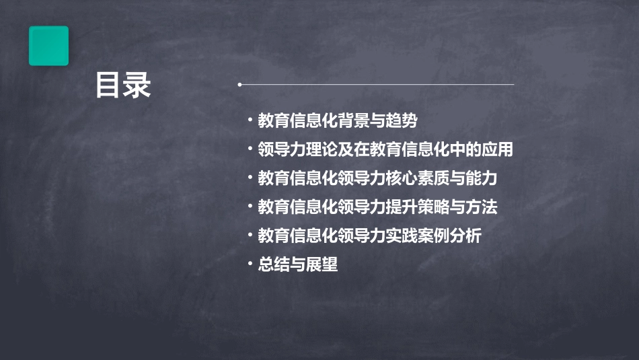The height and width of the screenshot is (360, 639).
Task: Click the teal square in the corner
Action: coord(48,46)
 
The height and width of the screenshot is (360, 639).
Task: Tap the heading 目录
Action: coord(123,85)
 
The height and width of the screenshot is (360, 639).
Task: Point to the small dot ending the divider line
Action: coord(239,85)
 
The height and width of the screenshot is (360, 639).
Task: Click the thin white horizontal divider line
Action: coord(377,85)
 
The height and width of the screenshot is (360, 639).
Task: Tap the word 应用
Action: coord(497,149)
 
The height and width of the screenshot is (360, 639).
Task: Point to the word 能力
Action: coord(482,178)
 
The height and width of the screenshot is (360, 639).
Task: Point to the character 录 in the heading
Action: coord(137,85)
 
